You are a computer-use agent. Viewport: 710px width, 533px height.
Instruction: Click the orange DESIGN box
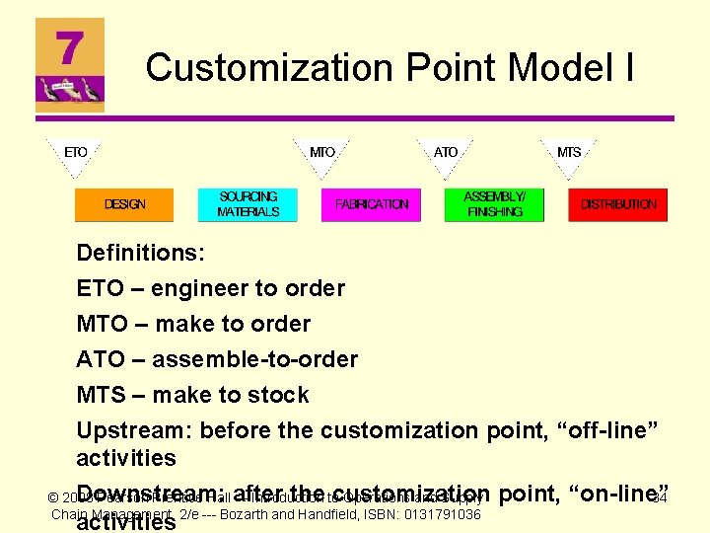coord(124,204)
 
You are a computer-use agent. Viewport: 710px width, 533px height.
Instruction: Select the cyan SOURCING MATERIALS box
coord(248,204)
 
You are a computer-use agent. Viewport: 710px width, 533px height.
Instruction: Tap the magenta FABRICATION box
coord(371,204)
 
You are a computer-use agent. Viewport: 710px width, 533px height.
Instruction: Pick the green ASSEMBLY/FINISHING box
coord(494,204)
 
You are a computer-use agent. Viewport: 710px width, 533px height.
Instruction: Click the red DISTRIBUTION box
coord(617,204)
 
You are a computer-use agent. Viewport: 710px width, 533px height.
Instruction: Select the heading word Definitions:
coord(140,253)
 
